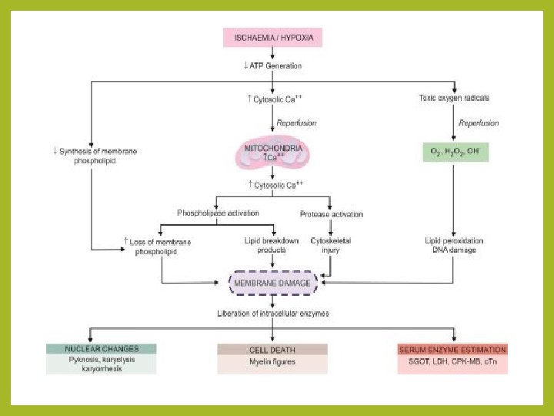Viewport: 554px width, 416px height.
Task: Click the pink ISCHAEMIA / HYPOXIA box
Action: click(273, 37)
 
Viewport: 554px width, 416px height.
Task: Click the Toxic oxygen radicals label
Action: click(454, 98)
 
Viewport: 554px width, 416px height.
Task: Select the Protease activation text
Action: click(331, 213)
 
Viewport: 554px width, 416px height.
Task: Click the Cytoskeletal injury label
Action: click(331, 246)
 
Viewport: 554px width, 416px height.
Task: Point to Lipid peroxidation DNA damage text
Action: click(455, 246)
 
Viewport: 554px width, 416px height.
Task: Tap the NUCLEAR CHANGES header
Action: click(102, 349)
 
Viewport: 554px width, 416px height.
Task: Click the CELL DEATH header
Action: click(272, 350)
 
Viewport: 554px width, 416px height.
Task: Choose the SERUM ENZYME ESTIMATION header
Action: click(452, 350)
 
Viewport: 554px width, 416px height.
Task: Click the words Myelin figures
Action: click(272, 362)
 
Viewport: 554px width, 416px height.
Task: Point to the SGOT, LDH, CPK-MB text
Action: click(452, 362)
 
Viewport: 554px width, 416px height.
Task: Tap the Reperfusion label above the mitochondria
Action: click(295, 122)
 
